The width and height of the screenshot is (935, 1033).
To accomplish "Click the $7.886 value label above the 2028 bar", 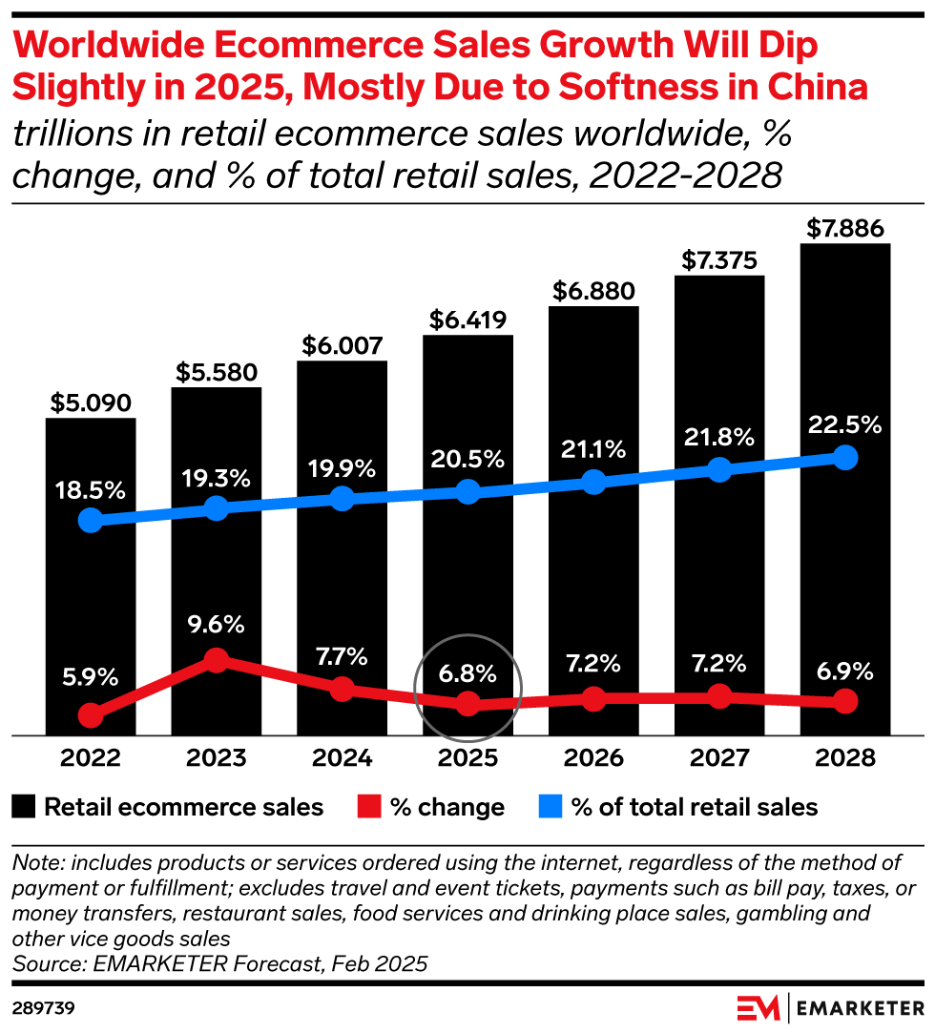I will point(845,229).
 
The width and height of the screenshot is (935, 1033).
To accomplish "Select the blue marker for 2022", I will point(91,520).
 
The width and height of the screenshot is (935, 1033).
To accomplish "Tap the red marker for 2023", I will point(217,659).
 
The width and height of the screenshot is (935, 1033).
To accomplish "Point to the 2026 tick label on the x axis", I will point(593,758).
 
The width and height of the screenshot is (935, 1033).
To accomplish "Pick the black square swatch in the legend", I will point(26,807).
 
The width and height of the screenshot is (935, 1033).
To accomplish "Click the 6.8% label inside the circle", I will point(467,673).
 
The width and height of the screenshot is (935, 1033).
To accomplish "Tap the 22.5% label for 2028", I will point(845,425).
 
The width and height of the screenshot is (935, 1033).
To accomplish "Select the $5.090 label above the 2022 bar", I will point(91,403).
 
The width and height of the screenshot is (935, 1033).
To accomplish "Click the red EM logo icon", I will point(758,1007).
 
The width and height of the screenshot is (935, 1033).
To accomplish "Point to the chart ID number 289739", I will point(43,1007).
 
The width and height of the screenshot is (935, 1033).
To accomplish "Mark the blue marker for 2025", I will point(467,491).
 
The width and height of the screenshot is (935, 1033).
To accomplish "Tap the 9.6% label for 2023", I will point(217,626).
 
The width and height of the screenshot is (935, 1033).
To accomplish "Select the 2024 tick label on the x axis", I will point(343,758).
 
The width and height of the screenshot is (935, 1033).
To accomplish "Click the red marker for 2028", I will point(845,702).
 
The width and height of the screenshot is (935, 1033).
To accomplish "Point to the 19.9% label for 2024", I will point(343,468).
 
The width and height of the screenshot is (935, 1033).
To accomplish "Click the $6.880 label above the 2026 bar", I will point(593,291).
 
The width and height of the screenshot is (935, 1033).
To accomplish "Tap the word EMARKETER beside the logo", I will point(857,1007).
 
